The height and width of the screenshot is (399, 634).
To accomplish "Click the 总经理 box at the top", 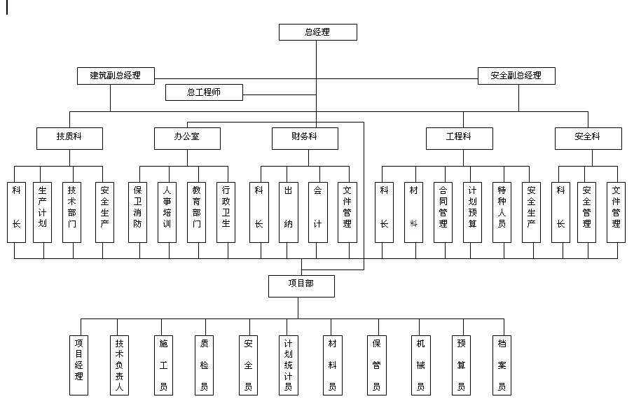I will (317, 32).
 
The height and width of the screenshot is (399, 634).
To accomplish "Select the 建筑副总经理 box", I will (116, 76).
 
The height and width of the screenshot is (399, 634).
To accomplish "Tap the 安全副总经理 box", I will (516, 76).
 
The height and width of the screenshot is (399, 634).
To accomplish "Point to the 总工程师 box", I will (204, 92).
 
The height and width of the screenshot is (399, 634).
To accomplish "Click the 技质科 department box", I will (69, 138).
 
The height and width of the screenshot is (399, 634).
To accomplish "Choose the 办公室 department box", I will (187, 138).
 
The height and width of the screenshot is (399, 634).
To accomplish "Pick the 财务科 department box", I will (305, 138).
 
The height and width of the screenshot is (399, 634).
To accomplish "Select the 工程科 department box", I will (459, 138).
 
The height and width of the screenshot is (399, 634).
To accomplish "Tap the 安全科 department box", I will (588, 138).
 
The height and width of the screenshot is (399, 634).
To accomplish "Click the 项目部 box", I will (301, 286).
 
